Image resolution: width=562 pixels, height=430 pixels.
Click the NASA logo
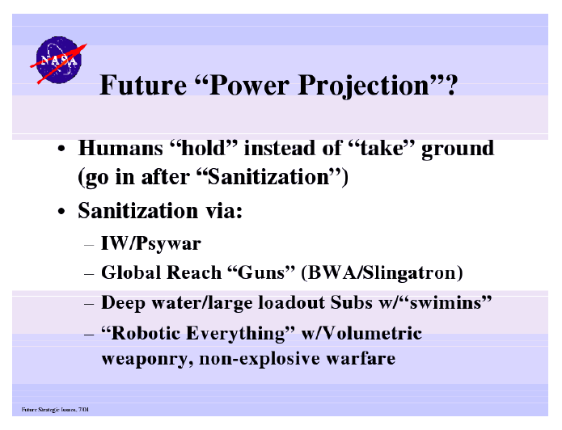click(58, 60)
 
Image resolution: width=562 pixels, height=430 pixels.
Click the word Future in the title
click(143, 86)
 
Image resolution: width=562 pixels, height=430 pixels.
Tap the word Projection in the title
click(363, 86)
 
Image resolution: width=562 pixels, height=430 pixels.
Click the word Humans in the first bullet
click(120, 148)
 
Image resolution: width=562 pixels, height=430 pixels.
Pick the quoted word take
click(382, 148)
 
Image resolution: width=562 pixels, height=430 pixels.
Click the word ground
click(458, 149)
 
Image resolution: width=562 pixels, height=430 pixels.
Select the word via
click(224, 210)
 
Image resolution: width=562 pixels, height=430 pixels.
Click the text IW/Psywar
click(151, 244)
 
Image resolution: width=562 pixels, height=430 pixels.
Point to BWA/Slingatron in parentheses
click(382, 273)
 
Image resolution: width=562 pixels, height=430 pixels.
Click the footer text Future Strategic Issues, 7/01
click(55, 409)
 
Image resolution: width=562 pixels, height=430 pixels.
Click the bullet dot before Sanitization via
click(61, 212)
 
